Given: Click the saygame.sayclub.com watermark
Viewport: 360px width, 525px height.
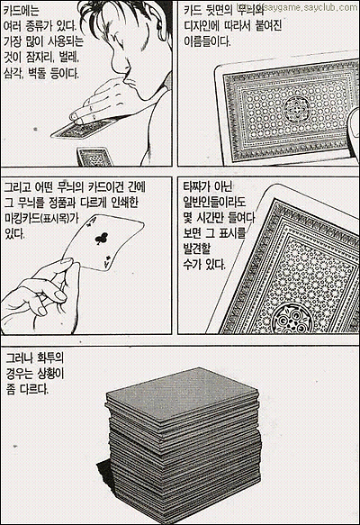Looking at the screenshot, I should [x=310, y=6].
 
